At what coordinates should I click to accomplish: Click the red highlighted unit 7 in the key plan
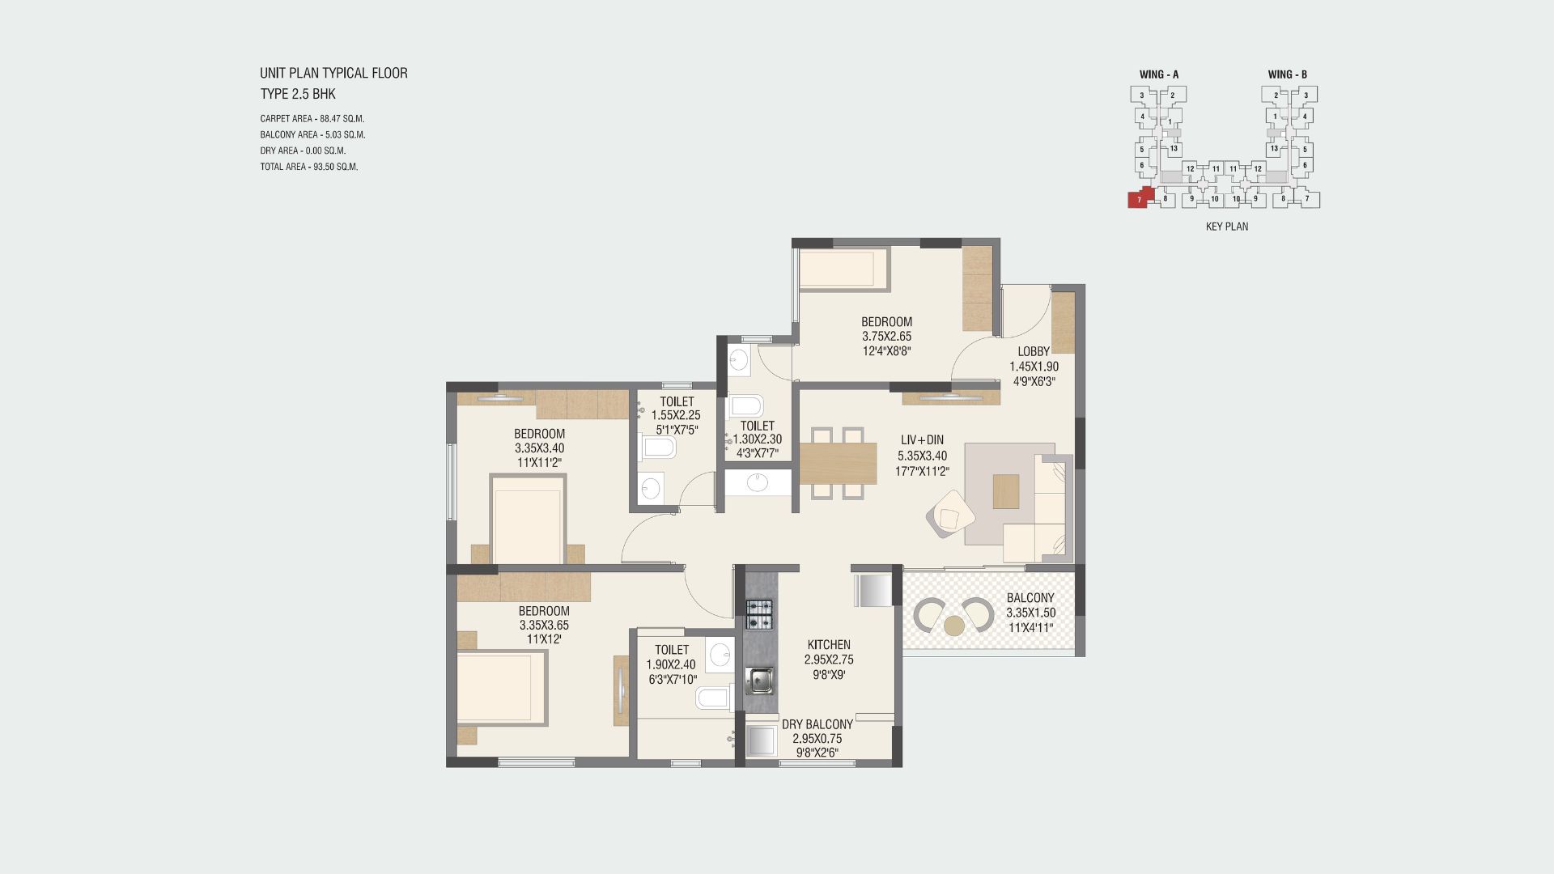click(1138, 199)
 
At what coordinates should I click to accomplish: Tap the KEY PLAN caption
click(1227, 227)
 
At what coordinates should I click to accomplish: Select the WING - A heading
click(1159, 74)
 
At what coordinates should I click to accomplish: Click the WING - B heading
click(1288, 74)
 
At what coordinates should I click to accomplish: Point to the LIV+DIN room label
click(922, 440)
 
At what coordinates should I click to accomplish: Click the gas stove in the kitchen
click(759, 614)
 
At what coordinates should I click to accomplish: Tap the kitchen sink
click(759, 681)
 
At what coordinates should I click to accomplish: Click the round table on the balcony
click(954, 626)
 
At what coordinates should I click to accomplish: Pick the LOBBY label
click(1034, 351)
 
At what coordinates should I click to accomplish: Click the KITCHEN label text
click(829, 645)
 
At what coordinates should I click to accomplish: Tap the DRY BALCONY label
click(817, 724)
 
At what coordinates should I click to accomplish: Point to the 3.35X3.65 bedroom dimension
click(544, 626)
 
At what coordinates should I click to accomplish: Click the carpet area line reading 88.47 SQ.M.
click(312, 119)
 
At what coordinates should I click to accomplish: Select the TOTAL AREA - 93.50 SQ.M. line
click(309, 167)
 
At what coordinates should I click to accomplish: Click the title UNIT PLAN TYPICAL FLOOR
click(333, 73)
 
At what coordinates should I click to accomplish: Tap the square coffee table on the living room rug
click(1007, 490)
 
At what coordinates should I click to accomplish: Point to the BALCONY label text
click(1030, 598)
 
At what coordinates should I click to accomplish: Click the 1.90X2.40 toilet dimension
click(671, 664)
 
